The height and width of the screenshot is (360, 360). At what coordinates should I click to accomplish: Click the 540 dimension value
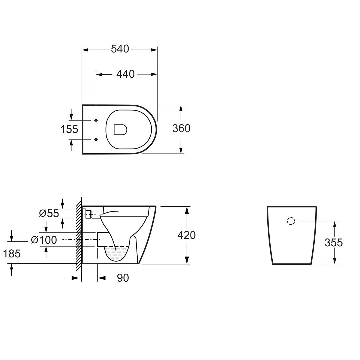(120, 49)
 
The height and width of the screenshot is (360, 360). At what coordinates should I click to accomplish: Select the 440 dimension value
(125, 74)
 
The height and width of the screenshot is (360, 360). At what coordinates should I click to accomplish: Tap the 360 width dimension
(181, 128)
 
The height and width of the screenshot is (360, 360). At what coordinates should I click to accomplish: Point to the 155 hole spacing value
(69, 129)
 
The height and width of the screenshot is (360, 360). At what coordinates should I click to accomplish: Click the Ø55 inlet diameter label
(49, 213)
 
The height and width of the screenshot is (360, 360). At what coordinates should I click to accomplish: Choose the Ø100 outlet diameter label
(44, 240)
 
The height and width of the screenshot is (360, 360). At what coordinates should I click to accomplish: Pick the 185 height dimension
(12, 254)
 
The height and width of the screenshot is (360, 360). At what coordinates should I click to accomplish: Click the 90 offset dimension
(123, 278)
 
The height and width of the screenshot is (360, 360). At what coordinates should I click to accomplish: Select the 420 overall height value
(186, 235)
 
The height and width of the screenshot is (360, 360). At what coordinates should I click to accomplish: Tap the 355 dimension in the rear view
(334, 242)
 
